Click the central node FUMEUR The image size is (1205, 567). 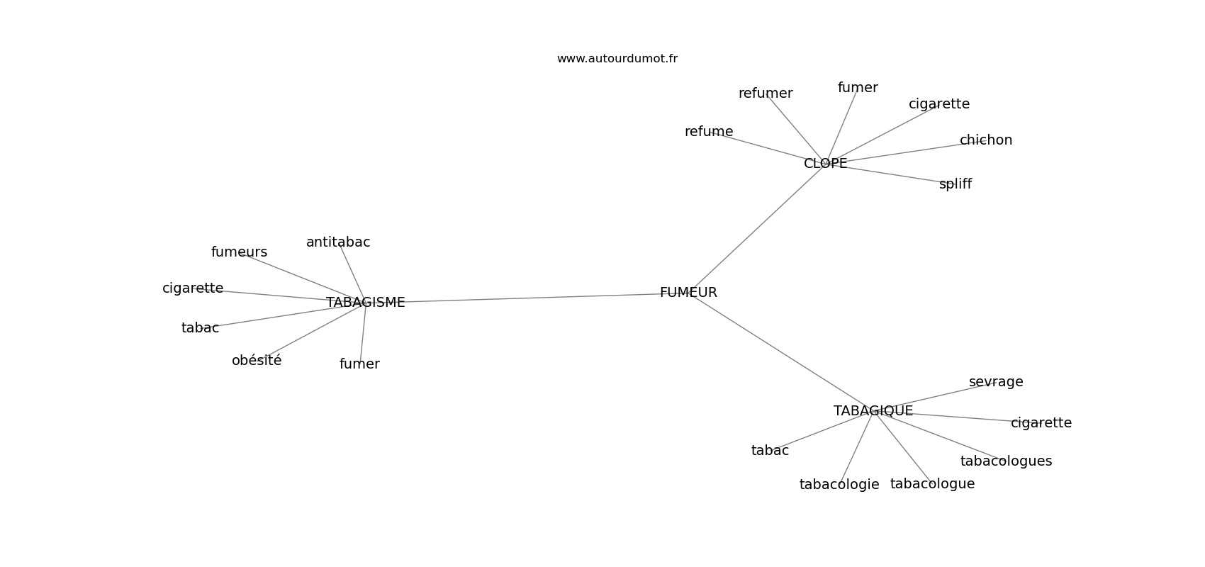(x=688, y=293)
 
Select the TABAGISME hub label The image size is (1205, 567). (x=365, y=303)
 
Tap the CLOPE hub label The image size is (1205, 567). (x=825, y=164)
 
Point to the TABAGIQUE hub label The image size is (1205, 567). (x=873, y=411)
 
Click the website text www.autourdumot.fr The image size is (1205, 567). (x=617, y=59)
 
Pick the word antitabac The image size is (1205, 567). (x=338, y=242)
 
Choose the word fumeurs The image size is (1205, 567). (x=239, y=252)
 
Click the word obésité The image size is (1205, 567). (x=257, y=361)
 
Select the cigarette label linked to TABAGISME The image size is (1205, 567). (x=193, y=288)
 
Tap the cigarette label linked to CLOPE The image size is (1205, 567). (x=938, y=104)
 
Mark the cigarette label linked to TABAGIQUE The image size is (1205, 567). (x=1041, y=423)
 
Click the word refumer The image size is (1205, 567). (x=766, y=94)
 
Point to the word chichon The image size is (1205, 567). (x=985, y=140)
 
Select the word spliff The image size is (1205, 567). (x=955, y=184)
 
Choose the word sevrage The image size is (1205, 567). (x=995, y=382)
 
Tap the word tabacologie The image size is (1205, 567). (x=839, y=485)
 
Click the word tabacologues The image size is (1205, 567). (x=1006, y=461)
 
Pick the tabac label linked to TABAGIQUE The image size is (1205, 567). (x=770, y=451)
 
